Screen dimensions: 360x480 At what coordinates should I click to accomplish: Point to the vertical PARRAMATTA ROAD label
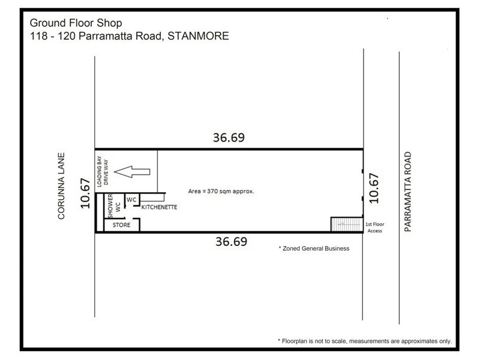tap(409, 192)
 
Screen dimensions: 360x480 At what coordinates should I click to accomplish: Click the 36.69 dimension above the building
tap(229, 137)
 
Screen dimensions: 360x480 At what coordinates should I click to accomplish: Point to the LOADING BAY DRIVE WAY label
tap(105, 170)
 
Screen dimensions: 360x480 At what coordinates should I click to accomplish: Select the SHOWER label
tap(110, 205)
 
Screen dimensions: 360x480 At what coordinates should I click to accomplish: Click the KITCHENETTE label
tap(159, 208)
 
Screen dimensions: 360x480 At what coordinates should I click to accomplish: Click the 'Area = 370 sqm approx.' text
tap(221, 191)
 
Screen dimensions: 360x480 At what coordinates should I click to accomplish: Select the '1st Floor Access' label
tap(374, 227)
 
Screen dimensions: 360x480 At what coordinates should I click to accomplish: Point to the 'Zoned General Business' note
tap(314, 248)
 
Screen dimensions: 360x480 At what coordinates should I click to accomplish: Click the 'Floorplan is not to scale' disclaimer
tap(365, 340)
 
